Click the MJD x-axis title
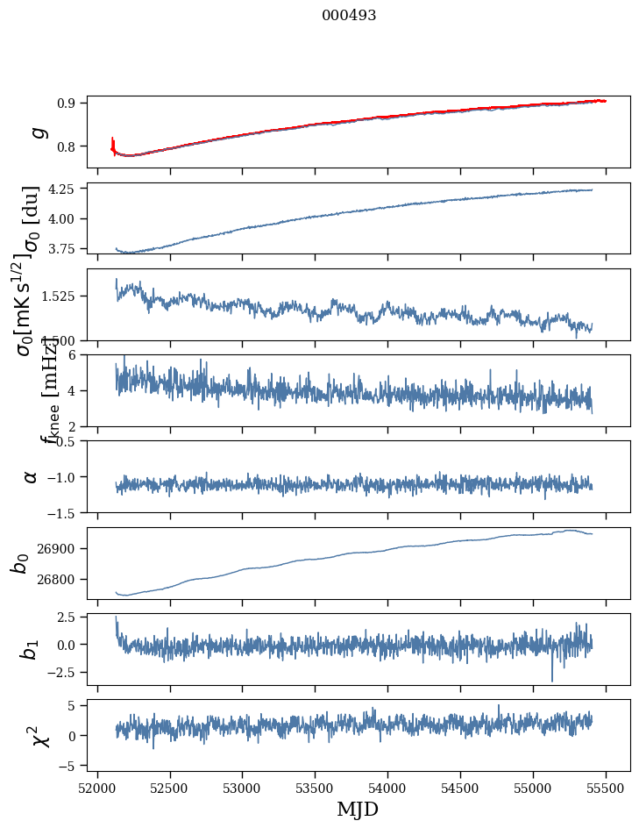coord(358,809)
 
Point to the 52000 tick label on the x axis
coord(97,787)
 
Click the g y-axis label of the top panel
coord(37,132)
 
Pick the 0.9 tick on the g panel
coord(71,103)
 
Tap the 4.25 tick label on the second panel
coord(65,189)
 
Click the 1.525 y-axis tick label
coord(62,296)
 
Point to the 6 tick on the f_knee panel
coord(76,354)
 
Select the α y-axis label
coord(31,476)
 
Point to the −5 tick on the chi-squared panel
coord(71,766)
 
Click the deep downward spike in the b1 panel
coord(552,680)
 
